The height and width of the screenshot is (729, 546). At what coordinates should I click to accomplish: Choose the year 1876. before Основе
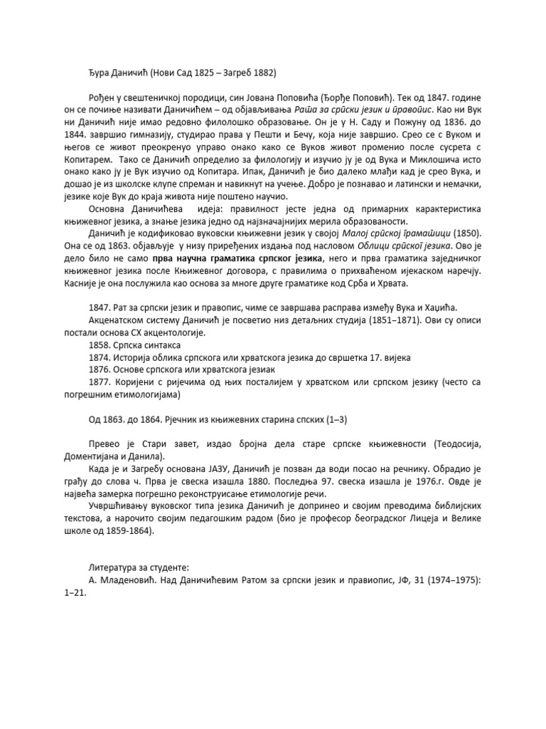point(101,368)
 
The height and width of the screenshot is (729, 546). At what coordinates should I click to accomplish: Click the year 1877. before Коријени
point(101,381)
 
